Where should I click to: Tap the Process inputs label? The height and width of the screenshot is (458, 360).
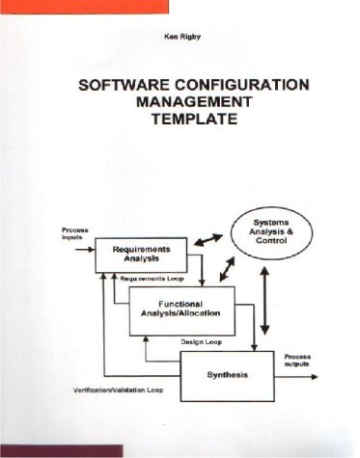click(x=75, y=234)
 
